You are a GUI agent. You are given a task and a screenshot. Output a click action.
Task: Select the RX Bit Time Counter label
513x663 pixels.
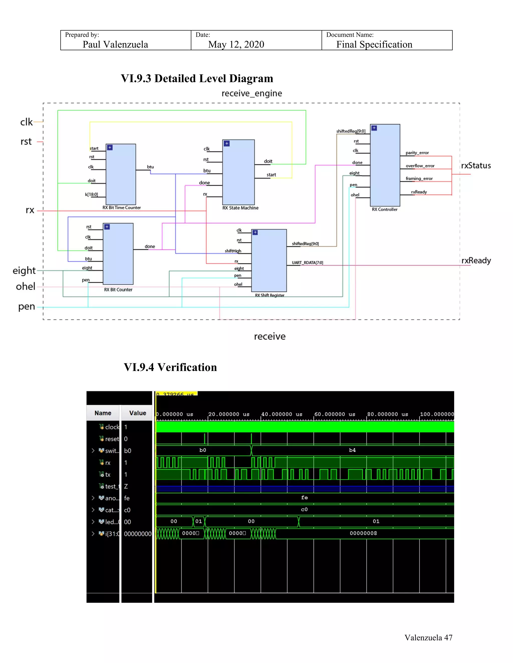(121, 208)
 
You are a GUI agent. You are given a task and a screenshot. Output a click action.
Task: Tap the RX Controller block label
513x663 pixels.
(384, 209)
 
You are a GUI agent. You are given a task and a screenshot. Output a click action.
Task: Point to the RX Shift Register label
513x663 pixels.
(270, 295)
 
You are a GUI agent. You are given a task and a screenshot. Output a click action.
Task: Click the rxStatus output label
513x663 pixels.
(476, 166)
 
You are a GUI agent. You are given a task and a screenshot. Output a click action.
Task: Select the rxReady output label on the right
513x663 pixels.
(476, 261)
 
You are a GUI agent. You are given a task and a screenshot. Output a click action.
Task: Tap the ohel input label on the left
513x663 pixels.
(26, 286)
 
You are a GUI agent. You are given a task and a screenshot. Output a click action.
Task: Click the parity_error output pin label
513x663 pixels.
(417, 153)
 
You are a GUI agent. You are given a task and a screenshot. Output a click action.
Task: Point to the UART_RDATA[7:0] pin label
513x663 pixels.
(307, 263)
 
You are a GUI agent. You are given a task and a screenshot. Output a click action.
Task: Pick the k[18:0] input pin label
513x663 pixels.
(91, 195)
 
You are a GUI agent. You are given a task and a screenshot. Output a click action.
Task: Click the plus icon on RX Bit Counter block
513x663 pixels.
(107, 227)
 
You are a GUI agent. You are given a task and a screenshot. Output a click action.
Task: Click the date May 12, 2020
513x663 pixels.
(236, 45)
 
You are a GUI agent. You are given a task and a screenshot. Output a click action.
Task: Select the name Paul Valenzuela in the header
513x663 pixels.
(115, 45)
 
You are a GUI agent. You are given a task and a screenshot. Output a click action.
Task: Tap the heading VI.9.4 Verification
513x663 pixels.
(170, 367)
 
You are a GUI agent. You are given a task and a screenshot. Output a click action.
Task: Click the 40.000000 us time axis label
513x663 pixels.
(282, 414)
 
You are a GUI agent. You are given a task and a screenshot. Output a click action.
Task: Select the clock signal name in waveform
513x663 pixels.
(112, 427)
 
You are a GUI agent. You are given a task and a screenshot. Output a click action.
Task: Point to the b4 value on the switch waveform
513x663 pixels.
(352, 450)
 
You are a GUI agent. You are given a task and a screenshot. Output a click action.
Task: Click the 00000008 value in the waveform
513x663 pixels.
(363, 533)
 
